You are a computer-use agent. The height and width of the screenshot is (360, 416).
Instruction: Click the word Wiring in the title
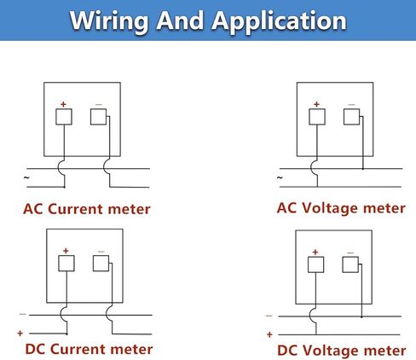coord(109,21)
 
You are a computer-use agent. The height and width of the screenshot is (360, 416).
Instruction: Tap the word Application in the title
coord(279,21)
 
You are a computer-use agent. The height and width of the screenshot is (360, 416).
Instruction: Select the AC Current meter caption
coord(87,209)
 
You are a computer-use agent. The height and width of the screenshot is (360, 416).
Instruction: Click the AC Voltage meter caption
coord(341,208)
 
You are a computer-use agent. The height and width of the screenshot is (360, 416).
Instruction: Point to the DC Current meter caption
coord(89,349)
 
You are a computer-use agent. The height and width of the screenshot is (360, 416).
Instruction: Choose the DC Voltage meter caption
coord(341,351)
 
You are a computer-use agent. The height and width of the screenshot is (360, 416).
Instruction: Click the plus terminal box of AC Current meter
coord(64,117)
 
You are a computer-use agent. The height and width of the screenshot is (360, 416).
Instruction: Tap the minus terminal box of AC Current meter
coord(98,117)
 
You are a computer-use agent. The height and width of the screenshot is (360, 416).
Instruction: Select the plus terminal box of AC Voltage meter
coord(317,117)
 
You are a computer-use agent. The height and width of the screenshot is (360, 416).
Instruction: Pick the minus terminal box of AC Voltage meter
coord(351,117)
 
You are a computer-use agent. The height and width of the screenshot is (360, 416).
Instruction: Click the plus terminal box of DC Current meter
coord(66,264)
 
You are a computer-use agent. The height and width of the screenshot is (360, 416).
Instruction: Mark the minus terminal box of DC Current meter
coord(101,264)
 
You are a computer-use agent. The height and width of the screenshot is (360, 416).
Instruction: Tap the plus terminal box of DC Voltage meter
coord(315,264)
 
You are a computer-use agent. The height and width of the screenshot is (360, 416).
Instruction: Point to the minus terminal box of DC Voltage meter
coord(350,264)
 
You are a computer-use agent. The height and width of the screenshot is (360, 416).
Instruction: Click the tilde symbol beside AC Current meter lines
coord(26,178)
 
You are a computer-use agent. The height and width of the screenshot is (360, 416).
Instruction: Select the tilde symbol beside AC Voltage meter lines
coord(280,178)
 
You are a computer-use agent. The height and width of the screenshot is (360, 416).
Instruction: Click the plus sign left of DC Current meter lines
coord(20,334)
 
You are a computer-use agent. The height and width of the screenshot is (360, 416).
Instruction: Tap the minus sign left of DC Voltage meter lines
coord(269,316)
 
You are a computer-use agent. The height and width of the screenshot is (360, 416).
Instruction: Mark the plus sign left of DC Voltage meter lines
coord(269,334)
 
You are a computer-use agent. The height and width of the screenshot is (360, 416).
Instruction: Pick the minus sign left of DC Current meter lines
coord(23,315)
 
